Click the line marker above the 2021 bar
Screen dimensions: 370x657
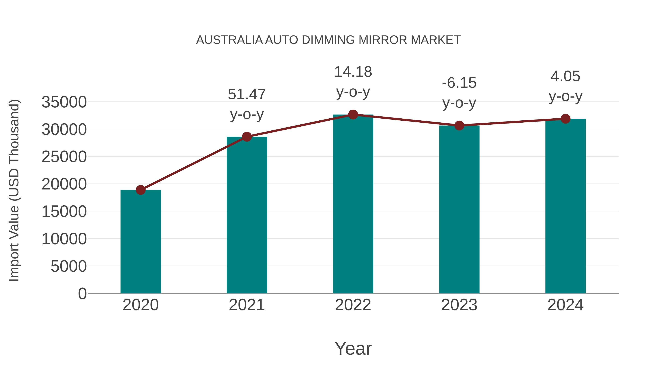click(x=247, y=137)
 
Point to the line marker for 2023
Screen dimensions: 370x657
click(x=459, y=125)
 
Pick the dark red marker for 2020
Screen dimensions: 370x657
click(x=141, y=190)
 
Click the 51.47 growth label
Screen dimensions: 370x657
click(x=247, y=94)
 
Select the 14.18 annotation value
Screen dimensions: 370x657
click(x=353, y=72)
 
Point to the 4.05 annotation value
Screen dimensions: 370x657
click(x=565, y=76)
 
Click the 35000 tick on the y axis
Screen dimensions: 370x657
click(x=64, y=102)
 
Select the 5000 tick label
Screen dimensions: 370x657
click(x=69, y=266)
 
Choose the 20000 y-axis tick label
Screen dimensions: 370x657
click(x=64, y=184)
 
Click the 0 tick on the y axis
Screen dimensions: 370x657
click(x=82, y=293)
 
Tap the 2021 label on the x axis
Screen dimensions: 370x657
click(x=247, y=305)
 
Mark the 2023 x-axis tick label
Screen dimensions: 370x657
click(x=459, y=305)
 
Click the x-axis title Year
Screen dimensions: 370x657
click(x=353, y=348)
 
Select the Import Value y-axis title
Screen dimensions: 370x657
click(x=14, y=190)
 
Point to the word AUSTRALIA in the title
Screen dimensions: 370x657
click(x=229, y=40)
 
